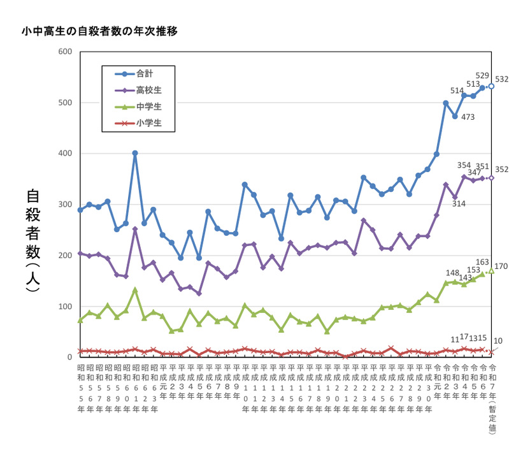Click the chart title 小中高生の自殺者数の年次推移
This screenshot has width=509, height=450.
point(99,30)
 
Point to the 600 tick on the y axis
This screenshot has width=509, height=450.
point(66,52)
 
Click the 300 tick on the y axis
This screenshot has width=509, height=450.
point(66,205)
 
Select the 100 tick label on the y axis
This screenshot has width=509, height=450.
point(66,307)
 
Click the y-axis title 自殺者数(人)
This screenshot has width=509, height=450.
point(34,240)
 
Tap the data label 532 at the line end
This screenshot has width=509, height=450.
point(502,80)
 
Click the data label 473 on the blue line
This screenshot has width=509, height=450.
point(468,117)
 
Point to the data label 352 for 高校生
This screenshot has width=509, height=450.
point(502,170)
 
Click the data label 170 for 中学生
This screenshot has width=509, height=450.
point(501,266)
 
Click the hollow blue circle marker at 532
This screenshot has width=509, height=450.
point(491,86)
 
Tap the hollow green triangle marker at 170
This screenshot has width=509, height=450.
point(491,271)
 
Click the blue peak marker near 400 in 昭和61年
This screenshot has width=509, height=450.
point(135,153)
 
